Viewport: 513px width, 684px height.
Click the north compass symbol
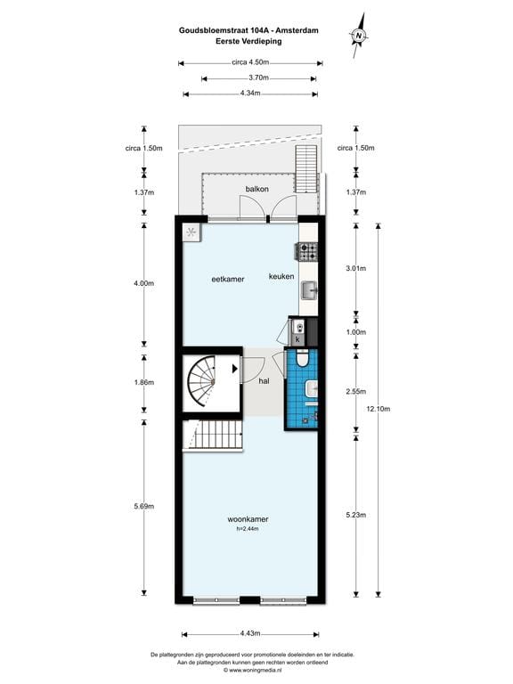[x=360, y=33]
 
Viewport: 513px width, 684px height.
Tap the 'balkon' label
[x=256, y=189]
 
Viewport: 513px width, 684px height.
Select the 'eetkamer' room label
[x=228, y=279]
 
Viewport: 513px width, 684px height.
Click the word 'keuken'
[x=281, y=277]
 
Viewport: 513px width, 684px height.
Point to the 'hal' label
[x=264, y=381]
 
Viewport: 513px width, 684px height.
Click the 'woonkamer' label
[x=248, y=519]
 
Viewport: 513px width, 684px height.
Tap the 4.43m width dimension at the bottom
[x=250, y=633]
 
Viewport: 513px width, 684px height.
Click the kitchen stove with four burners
[x=308, y=252]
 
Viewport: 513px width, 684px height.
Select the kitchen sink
[x=309, y=290]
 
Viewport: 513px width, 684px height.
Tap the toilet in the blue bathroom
[x=304, y=359]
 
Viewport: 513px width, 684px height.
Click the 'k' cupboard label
[x=298, y=339]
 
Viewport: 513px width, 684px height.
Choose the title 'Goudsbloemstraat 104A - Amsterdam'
[x=249, y=29]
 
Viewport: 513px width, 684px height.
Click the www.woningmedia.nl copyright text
[x=256, y=671]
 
